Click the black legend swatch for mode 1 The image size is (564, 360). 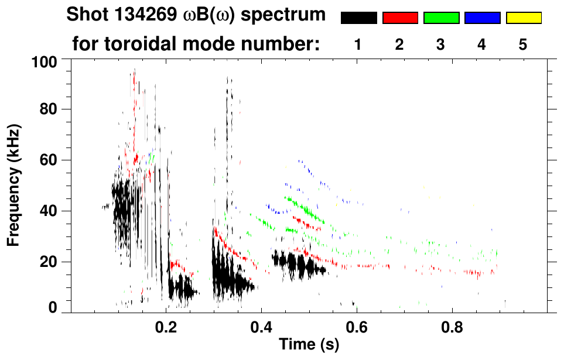click(358, 18)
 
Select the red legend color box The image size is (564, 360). click(400, 18)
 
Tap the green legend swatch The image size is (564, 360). click(441, 18)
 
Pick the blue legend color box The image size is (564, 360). click(482, 18)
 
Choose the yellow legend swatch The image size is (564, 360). click(524, 18)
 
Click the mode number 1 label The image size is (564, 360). click(358, 44)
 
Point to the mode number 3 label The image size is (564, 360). click(441, 44)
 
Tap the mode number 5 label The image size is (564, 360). click(524, 44)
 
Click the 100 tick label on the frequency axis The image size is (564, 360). click(45, 61)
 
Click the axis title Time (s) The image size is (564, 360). click(309, 345)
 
